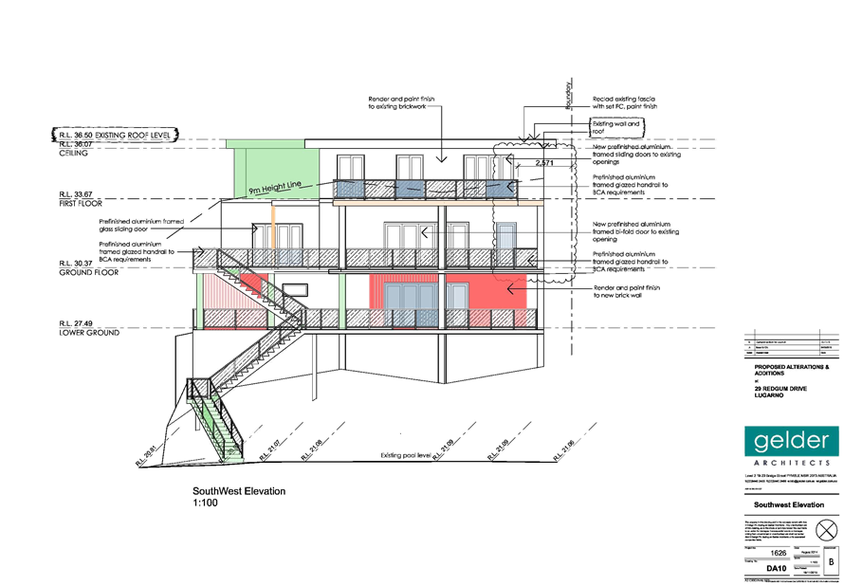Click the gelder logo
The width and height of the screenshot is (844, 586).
click(x=792, y=441)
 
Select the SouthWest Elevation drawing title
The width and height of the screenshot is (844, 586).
click(x=238, y=490)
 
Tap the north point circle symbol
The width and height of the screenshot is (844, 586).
click(x=827, y=527)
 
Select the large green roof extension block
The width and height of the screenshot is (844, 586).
click(x=275, y=169)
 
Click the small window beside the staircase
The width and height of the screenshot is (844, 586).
click(x=295, y=287)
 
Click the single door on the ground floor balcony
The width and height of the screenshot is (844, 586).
click(x=506, y=237)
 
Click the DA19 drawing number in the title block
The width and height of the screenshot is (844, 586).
click(x=776, y=568)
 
